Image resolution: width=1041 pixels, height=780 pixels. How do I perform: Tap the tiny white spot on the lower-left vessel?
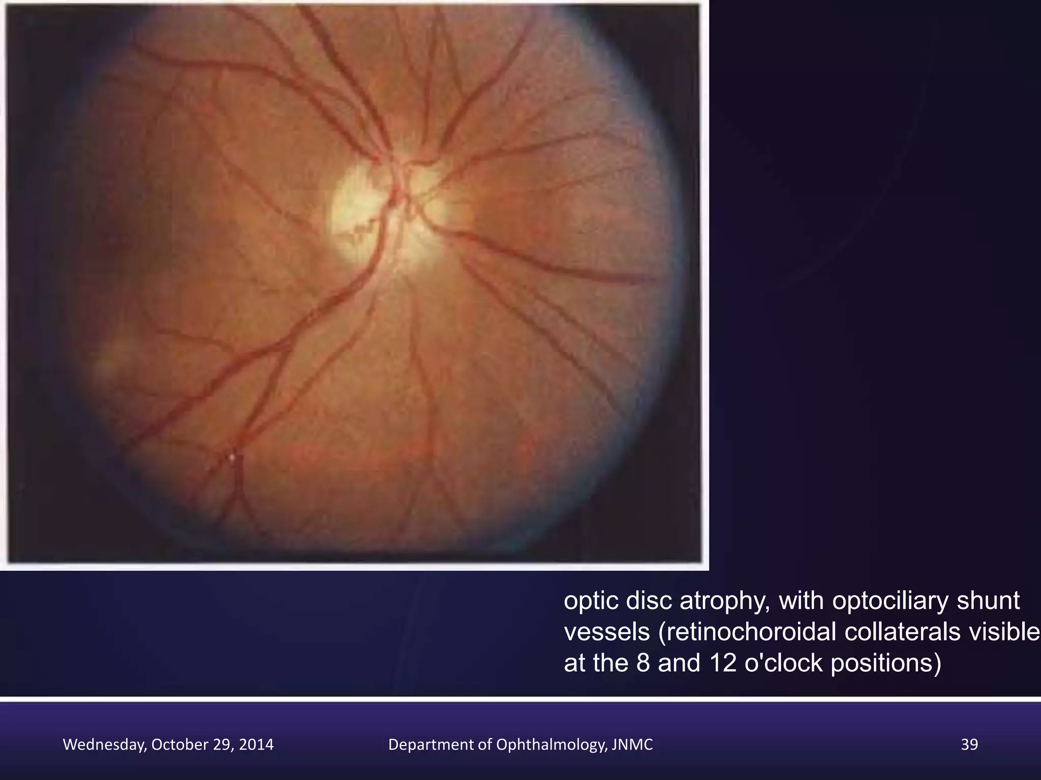[233, 458]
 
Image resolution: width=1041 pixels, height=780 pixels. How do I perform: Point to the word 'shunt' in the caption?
[988, 601]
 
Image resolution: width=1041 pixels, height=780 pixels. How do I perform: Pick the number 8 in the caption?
[642, 663]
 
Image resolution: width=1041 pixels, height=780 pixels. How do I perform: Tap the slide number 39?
[969, 745]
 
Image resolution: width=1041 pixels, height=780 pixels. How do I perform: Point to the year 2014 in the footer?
[257, 745]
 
